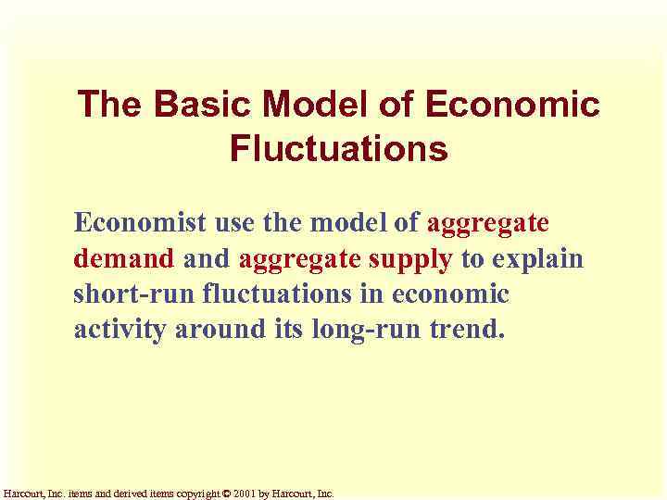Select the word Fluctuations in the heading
coord(339,148)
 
